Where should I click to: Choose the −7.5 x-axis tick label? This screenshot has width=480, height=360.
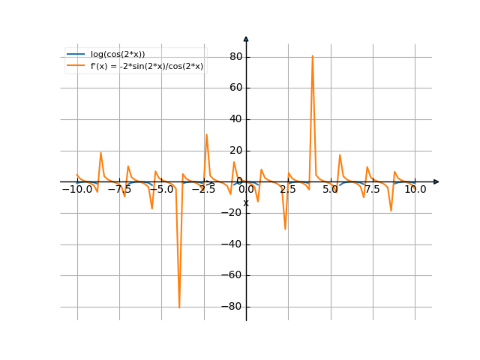tap(119, 190)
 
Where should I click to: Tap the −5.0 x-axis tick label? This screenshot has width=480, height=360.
tap(161, 190)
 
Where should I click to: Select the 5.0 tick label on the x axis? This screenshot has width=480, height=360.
tap(331, 190)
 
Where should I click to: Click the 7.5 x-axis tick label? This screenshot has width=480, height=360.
tap(373, 190)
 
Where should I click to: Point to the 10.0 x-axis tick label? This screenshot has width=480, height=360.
tap(415, 190)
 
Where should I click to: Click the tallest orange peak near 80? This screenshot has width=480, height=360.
tap(312, 56)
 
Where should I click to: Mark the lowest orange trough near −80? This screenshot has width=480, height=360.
tap(179, 306)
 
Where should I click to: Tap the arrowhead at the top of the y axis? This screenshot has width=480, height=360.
tap(246, 37)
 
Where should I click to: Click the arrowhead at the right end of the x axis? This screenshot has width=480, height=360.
tap(436, 181)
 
